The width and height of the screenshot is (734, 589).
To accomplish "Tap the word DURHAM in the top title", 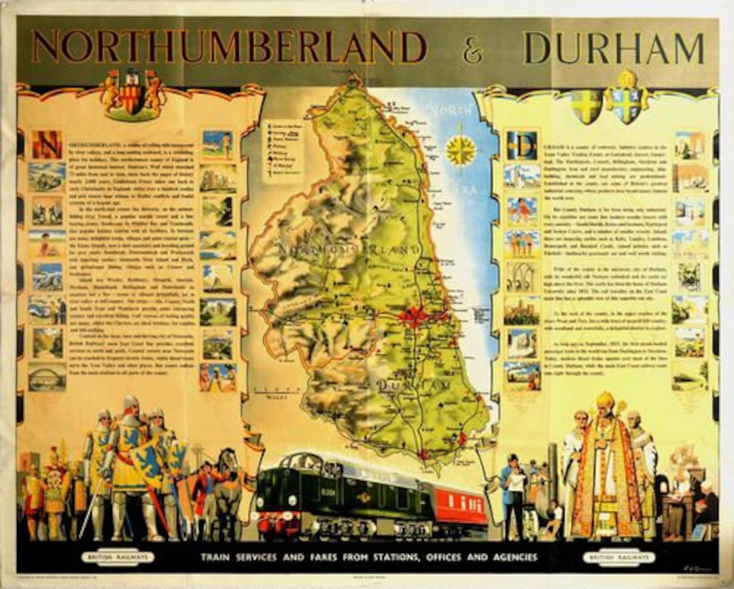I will pos(614,48).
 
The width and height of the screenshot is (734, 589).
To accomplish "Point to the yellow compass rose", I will pos(461,151).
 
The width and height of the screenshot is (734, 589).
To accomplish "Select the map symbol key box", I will pos(282,149).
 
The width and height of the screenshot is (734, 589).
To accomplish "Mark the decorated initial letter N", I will pos(47,144).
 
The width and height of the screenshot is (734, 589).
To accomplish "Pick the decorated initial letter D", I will pos(522,145).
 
